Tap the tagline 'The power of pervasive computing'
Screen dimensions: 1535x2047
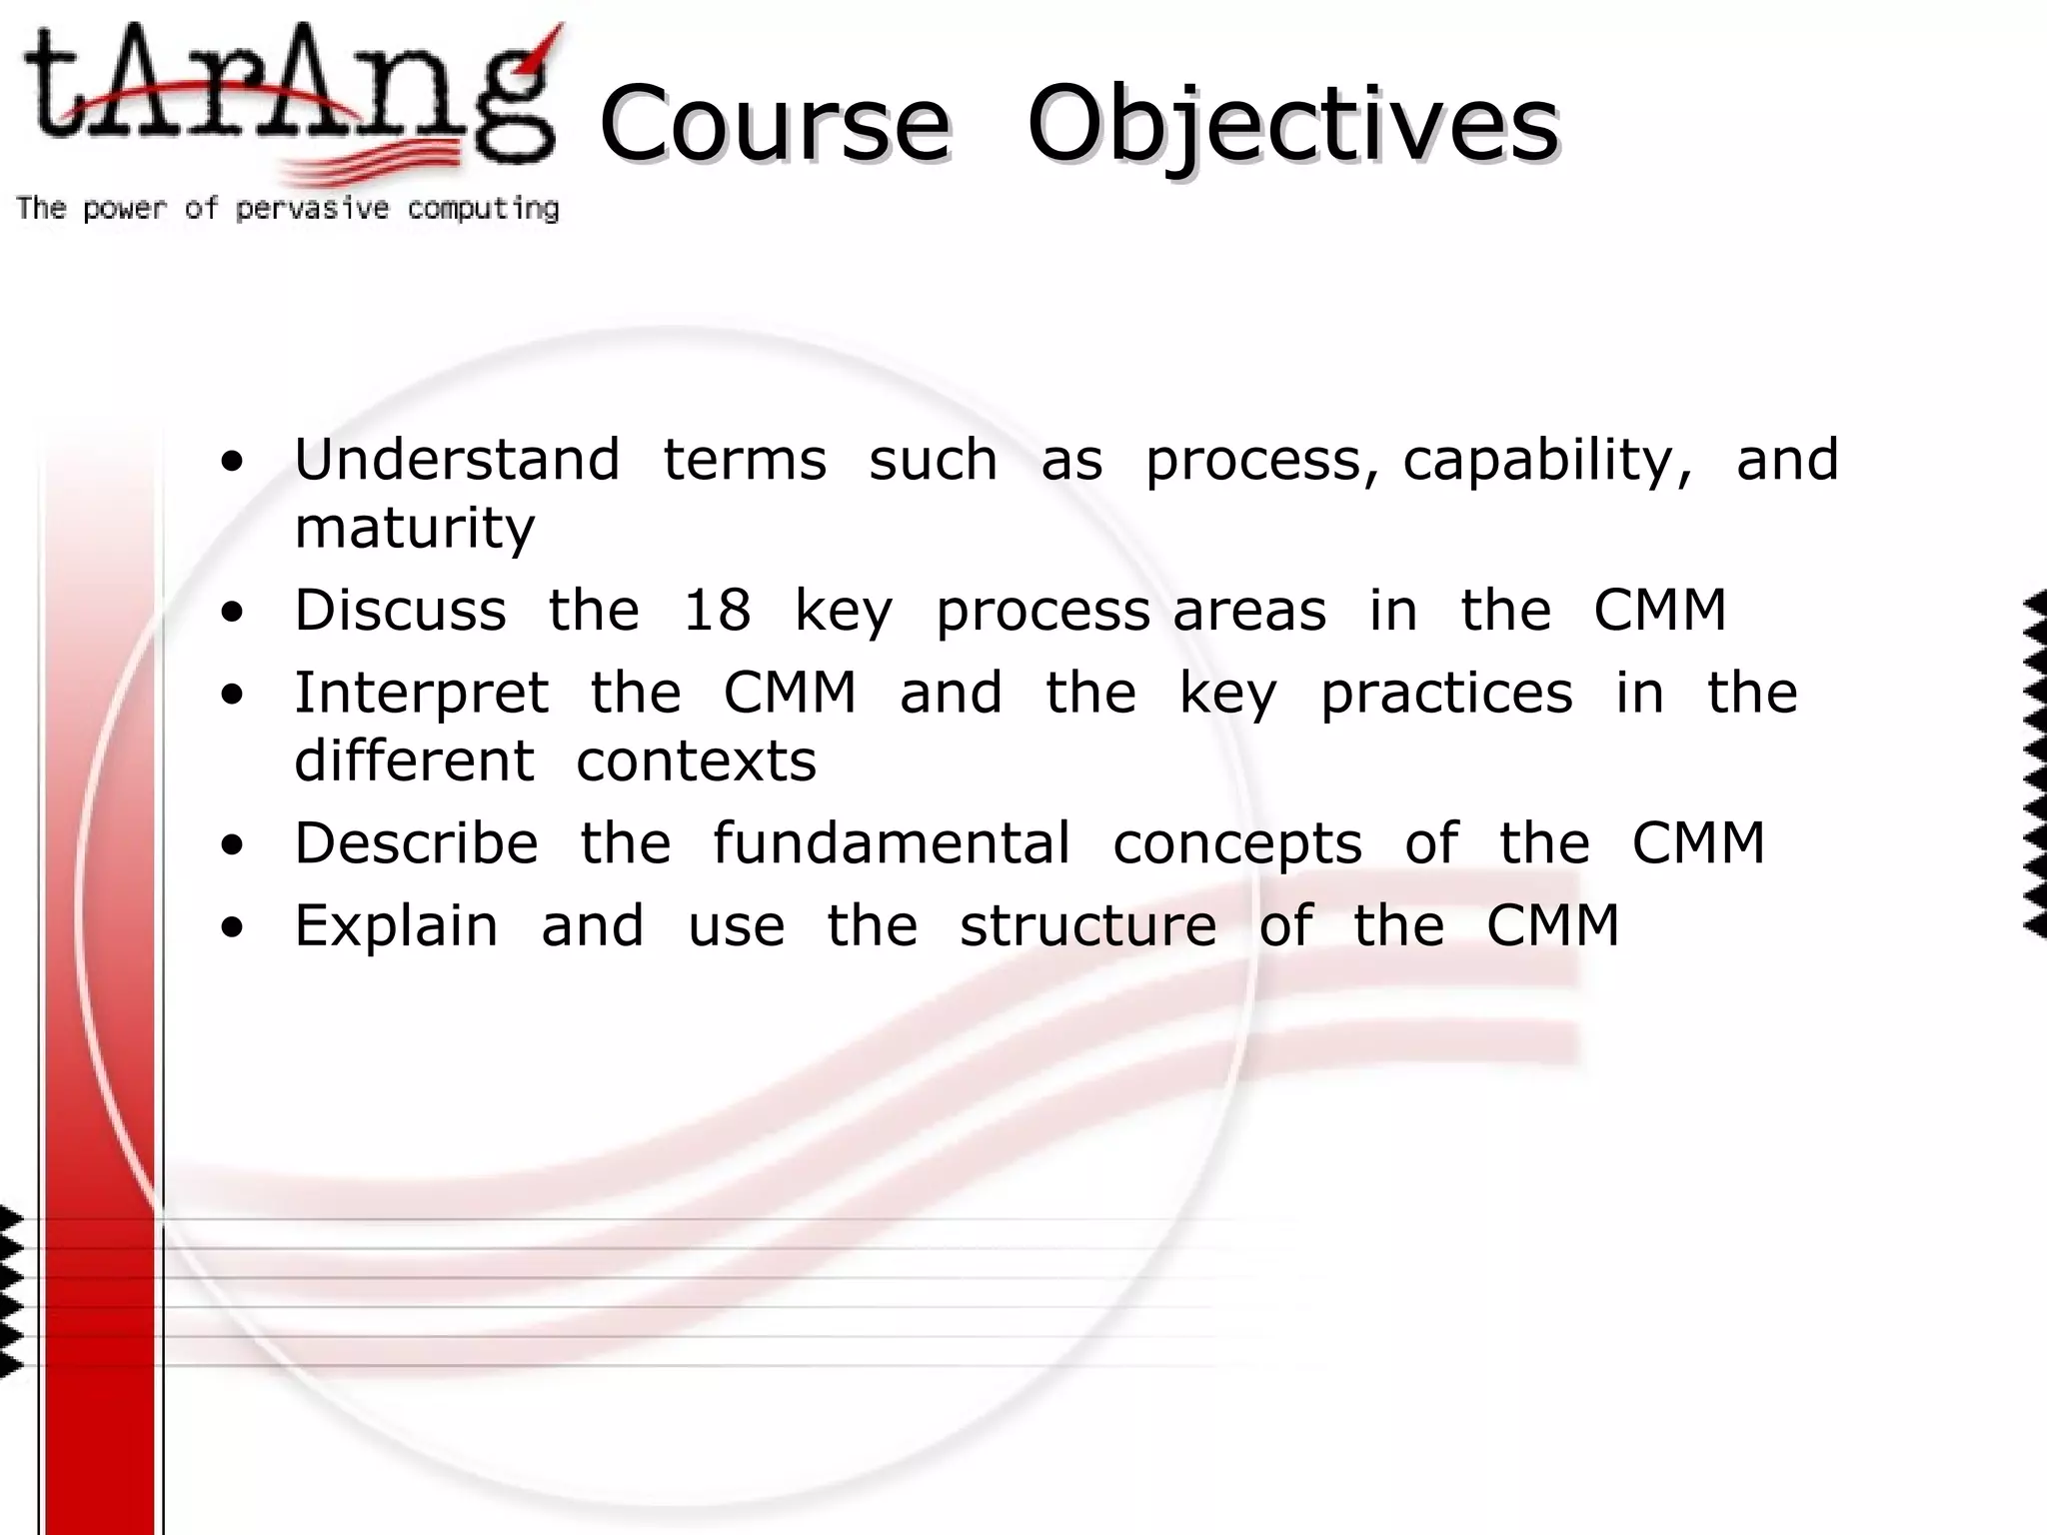coord(288,209)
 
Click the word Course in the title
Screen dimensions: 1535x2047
coord(775,124)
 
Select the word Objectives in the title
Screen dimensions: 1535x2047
coord(1292,126)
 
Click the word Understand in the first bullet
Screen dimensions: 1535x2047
coord(457,460)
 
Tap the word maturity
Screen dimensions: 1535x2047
coord(414,528)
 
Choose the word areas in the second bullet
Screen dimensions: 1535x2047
coord(1249,611)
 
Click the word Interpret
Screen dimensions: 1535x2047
coord(421,693)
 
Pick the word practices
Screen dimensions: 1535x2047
coord(1446,693)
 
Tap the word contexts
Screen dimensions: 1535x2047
coord(696,762)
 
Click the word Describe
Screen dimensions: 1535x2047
coord(416,842)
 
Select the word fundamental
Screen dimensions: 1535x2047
coord(891,842)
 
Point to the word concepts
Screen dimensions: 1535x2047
coord(1237,844)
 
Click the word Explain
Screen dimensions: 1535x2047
coord(396,926)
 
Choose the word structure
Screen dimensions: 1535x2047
coord(1087,925)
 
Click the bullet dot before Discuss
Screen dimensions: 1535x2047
coord(232,612)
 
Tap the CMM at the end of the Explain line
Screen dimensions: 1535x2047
coord(1552,925)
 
